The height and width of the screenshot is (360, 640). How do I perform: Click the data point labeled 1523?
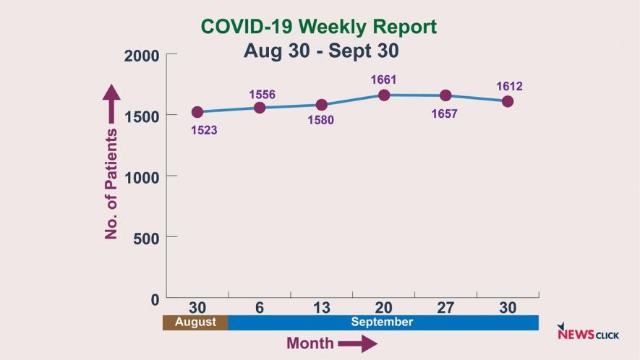coord(197,112)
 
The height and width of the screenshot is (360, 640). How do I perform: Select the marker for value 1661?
coord(384,95)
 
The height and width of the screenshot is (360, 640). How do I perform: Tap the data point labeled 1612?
coord(508,101)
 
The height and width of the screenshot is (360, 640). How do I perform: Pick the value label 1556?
coord(262,95)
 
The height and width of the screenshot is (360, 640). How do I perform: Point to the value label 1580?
coord(320,120)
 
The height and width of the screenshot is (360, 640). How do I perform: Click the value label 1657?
coord(444,113)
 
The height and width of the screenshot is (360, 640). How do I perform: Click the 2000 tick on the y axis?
coord(142,56)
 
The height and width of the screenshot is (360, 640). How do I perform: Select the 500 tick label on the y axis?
coord(146,237)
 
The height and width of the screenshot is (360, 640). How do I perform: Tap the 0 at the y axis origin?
coord(155,299)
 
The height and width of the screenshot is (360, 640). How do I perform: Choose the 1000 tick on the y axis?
coord(142,176)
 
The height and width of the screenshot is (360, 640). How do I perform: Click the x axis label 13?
coord(321,308)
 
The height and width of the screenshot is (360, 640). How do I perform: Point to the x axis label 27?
coord(445,308)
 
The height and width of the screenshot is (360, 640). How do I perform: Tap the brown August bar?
coord(195,322)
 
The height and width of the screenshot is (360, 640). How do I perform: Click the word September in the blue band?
coord(382,322)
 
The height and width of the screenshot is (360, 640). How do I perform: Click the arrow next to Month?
coord(357,343)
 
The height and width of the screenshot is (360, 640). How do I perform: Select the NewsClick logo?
coord(588,333)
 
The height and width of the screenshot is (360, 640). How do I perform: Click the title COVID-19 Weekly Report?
coord(319,27)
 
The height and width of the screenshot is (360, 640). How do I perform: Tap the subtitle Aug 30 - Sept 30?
coord(321,51)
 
